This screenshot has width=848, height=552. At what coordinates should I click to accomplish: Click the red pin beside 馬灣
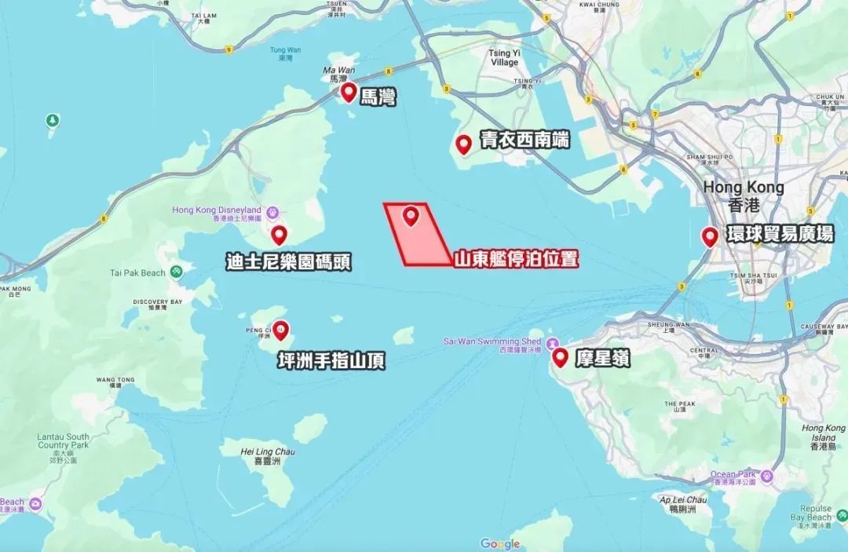click(x=349, y=93)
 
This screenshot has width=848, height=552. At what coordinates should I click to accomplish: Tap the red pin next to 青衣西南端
click(x=464, y=144)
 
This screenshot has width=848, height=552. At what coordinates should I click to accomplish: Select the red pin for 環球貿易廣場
click(x=710, y=236)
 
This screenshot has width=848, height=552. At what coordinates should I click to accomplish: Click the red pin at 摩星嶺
click(x=561, y=358)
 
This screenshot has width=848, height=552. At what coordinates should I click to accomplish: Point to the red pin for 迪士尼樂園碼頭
click(x=279, y=235)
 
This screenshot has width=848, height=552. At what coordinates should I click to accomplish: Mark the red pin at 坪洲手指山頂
click(x=280, y=331)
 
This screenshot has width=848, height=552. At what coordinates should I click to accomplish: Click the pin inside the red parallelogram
click(x=411, y=217)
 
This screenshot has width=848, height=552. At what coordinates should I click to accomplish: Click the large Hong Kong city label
click(x=743, y=188)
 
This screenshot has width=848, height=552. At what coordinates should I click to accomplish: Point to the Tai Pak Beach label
click(x=138, y=272)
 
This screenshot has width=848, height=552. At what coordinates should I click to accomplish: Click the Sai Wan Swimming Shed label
click(x=493, y=342)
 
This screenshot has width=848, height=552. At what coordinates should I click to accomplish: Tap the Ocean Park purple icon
click(x=767, y=476)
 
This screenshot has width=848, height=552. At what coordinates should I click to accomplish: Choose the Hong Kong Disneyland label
click(x=217, y=210)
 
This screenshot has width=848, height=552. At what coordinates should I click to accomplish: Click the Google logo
click(x=500, y=543)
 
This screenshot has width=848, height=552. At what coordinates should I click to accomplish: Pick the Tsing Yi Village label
click(x=504, y=57)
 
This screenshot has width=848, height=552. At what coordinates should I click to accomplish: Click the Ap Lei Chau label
click(x=683, y=500)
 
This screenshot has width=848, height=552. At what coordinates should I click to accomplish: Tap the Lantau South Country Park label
click(x=63, y=441)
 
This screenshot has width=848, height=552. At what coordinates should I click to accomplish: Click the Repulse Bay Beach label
click(x=811, y=513)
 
